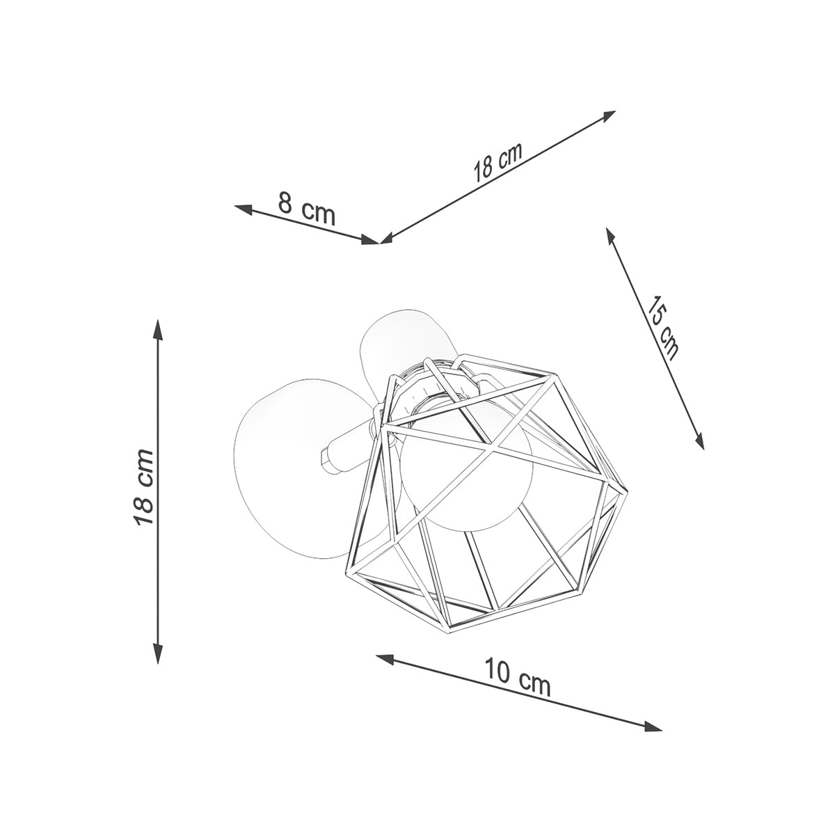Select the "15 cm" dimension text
tap(662, 327)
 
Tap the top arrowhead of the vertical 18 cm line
tap(159, 328)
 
